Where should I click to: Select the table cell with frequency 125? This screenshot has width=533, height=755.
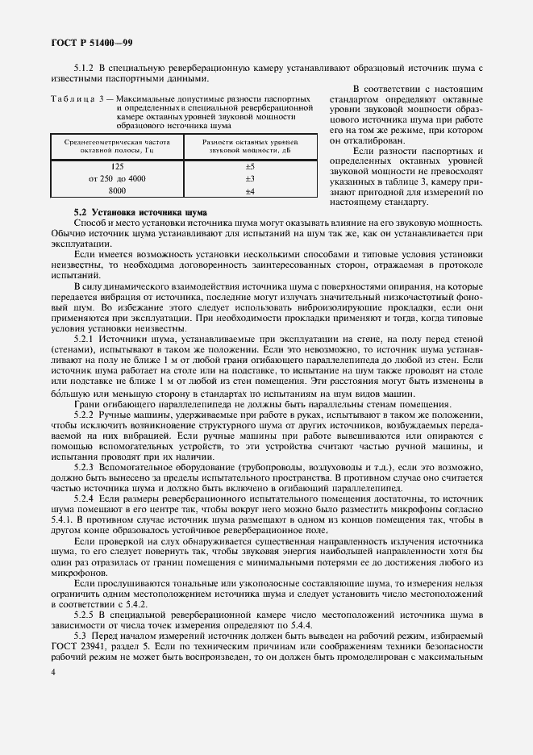click(x=117, y=166)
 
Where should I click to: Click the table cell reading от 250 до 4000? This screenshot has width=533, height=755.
click(x=117, y=178)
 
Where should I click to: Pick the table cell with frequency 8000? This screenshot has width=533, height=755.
click(x=117, y=190)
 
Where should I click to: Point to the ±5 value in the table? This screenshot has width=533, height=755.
click(x=250, y=166)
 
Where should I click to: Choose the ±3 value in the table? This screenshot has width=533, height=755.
click(x=250, y=178)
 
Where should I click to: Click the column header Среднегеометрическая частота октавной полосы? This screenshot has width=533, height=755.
click(x=117, y=146)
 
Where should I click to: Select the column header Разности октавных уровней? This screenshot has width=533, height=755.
click(x=250, y=146)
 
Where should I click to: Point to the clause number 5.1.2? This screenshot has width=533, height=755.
click(x=85, y=69)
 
